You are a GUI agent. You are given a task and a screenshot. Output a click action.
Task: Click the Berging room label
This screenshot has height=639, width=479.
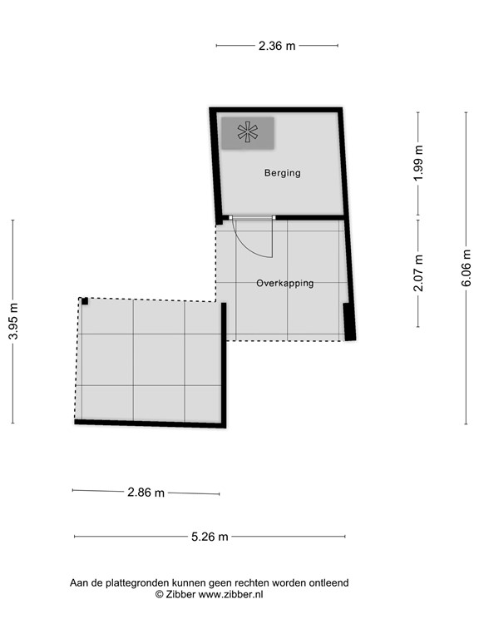(282, 173)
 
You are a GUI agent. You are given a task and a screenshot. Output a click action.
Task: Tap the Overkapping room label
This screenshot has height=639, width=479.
(284, 283)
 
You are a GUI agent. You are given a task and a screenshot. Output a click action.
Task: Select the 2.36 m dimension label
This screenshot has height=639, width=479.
(277, 46)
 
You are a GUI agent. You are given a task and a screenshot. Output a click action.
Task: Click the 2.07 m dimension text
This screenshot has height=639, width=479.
(418, 273)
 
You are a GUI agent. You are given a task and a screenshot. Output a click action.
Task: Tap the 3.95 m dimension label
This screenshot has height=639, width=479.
(12, 321)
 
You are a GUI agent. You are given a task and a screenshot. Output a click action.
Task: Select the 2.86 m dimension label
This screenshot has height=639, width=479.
(146, 492)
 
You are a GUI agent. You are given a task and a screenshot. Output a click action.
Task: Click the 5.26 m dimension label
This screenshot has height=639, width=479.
(210, 537)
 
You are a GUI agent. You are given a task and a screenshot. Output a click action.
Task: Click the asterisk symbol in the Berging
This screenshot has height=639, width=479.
(247, 131)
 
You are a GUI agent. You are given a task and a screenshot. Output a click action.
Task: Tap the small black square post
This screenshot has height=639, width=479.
(85, 301)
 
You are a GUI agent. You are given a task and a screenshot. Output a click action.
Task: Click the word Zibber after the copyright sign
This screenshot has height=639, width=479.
(181, 595)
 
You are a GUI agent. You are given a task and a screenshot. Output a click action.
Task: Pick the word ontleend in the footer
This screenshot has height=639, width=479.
(328, 582)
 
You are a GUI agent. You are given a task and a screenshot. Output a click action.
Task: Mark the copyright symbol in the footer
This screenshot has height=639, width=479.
(160, 595)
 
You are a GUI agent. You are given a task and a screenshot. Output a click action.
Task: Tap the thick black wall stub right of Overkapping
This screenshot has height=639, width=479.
(349, 321)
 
